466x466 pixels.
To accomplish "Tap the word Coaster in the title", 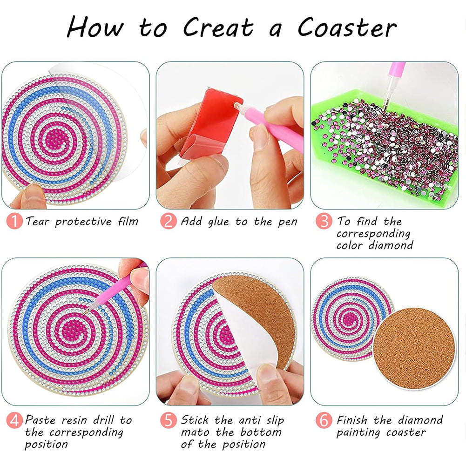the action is (x=347, y=27).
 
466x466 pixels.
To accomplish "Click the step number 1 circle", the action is (x=14, y=222).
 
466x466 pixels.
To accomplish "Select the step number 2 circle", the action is (x=169, y=222).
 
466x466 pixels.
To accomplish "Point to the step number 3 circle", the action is (x=324, y=222).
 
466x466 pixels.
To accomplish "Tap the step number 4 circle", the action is (x=14, y=420).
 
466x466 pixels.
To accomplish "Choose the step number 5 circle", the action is (x=169, y=420).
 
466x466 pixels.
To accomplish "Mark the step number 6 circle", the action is (x=324, y=420).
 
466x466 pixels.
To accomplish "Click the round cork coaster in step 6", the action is (x=414, y=349).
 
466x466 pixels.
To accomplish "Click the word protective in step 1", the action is (x=83, y=222).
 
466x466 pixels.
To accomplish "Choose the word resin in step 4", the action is (x=74, y=420).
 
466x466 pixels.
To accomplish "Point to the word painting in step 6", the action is (x=358, y=433).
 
